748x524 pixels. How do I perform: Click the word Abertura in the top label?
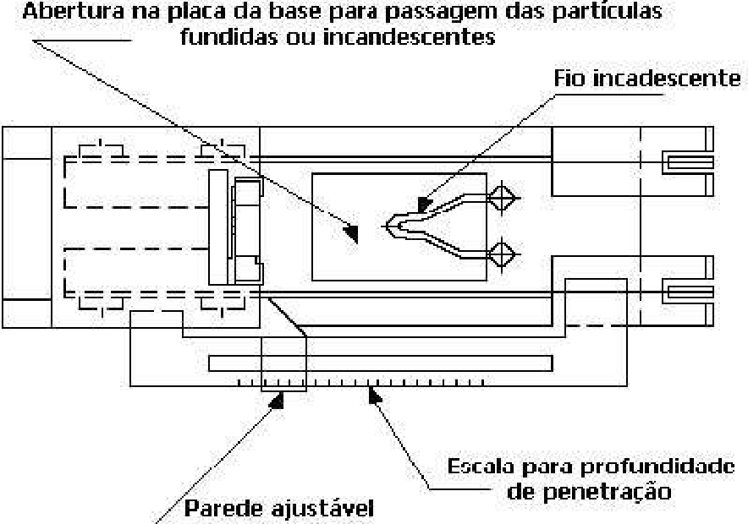[x=73, y=12]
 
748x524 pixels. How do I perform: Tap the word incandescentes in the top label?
[x=410, y=37]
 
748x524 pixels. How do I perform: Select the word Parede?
[x=223, y=508]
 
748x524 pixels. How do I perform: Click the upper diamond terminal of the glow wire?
[x=502, y=198]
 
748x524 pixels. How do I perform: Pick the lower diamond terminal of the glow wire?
[x=502, y=255]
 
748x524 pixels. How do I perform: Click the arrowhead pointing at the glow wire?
[x=424, y=204]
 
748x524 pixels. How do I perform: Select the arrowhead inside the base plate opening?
[x=352, y=233]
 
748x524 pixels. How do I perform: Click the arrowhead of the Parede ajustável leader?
[x=278, y=401]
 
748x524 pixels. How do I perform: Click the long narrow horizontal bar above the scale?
[x=381, y=363]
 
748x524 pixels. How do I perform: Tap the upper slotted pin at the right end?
[x=688, y=163]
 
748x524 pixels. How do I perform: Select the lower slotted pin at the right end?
[x=688, y=292]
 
